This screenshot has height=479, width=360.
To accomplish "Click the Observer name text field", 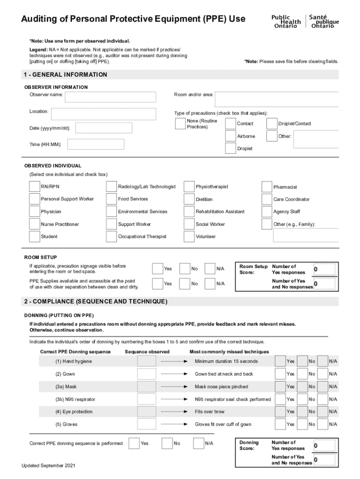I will (110, 97).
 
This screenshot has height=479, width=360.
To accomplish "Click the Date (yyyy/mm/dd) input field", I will (104, 128).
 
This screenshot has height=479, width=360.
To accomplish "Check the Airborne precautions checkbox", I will (230, 136).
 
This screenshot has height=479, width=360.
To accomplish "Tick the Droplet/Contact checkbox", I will (272, 123).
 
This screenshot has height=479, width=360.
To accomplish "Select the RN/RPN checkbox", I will (34, 187).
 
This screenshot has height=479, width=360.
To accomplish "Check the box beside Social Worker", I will (189, 224).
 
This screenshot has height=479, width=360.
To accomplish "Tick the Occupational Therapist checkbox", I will (111, 237).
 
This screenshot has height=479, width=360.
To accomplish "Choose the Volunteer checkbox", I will (189, 237).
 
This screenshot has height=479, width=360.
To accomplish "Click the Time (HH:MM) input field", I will (96, 144).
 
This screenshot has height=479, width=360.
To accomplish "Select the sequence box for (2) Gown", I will (147, 374).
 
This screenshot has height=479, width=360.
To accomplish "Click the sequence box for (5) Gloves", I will (147, 424).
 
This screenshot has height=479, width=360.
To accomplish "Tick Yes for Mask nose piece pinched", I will (280, 386).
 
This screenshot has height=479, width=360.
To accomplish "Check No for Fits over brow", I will (302, 412).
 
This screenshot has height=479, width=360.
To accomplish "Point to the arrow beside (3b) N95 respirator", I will (174, 399).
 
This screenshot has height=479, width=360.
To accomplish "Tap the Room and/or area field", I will (276, 99).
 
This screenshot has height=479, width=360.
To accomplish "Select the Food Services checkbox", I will (111, 199).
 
